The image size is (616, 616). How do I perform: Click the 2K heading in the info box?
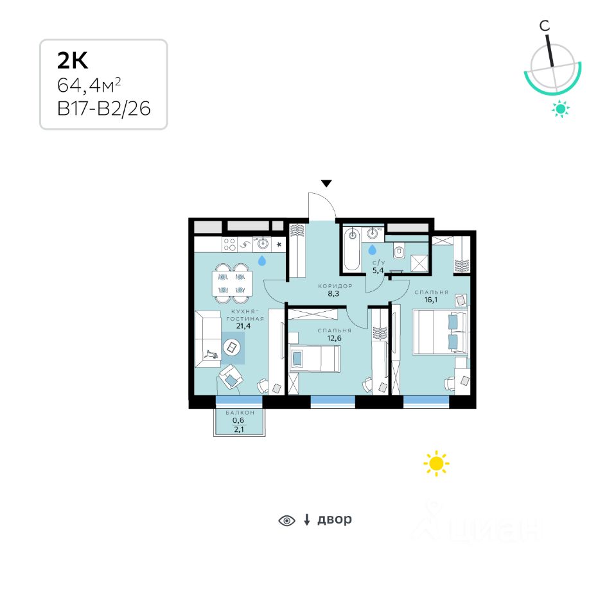point(73,60)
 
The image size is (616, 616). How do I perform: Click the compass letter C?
point(544,26)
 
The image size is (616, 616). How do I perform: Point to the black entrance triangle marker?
point(326,184)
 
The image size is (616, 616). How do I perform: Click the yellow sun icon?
point(436,463)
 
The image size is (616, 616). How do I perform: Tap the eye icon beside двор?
point(286,520)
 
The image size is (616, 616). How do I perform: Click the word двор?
point(335,519)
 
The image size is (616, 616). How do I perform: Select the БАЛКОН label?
point(240,413)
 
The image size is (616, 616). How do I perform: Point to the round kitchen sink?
point(262,244)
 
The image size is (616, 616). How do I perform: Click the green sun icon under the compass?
point(561,110)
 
